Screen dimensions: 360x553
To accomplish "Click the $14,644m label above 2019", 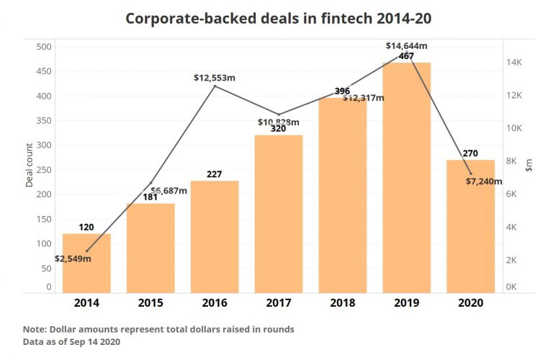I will coord(407,46).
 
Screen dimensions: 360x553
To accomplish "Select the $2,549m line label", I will coord(73,258).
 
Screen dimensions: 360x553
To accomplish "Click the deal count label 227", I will coord(214,174).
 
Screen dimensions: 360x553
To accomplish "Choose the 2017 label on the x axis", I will coord(278,303).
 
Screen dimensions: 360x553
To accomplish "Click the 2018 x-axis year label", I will coord(342,303).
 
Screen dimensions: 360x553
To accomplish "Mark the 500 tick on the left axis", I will coord(44,47).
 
